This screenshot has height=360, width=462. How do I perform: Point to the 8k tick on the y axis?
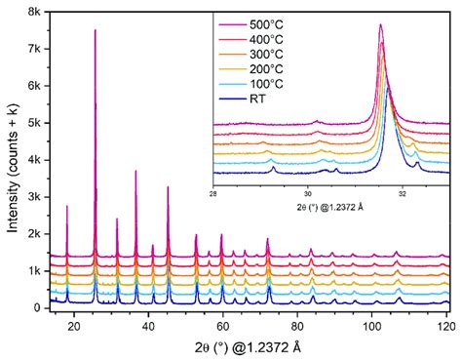click(36, 12)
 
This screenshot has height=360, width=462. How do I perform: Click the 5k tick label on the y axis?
click(36, 123)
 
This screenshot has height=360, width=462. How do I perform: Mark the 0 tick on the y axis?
click(40, 307)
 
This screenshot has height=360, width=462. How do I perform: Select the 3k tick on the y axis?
click(36, 197)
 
